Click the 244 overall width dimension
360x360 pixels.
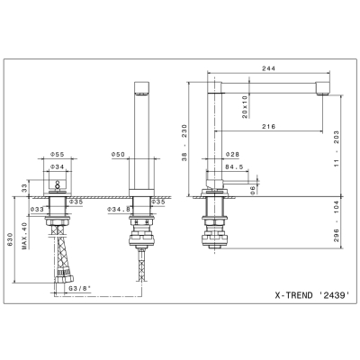[x=268, y=68]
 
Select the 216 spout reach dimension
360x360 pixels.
[x=268, y=127]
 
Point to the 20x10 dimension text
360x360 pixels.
[x=245, y=107]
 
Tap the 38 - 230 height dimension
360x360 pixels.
[x=184, y=143]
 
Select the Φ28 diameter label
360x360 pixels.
[x=232, y=155]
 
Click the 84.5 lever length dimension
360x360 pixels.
[x=234, y=167]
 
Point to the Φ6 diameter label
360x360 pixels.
[x=253, y=190]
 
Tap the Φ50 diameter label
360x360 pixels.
[x=118, y=155]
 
